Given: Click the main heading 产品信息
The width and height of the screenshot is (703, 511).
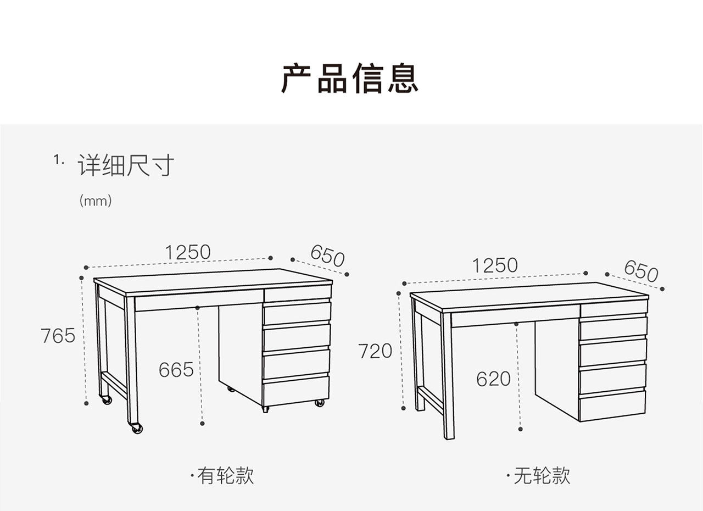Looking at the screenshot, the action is click(x=349, y=78).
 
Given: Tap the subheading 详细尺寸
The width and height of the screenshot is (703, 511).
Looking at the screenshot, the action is click(x=126, y=165).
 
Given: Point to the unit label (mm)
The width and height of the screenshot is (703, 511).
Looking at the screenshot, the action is click(x=96, y=201).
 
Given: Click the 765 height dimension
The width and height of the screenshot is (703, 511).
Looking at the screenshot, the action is click(x=58, y=336).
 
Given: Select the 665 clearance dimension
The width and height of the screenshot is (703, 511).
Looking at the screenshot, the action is click(x=176, y=370).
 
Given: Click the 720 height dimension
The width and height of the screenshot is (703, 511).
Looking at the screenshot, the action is click(x=375, y=351).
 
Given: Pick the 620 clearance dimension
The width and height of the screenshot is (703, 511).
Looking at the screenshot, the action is click(x=493, y=379).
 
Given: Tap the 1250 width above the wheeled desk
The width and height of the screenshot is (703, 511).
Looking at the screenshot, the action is click(x=188, y=252).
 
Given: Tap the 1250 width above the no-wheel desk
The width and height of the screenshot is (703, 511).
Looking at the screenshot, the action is click(x=495, y=265).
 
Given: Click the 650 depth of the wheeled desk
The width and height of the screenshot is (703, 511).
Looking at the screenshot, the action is click(x=327, y=256).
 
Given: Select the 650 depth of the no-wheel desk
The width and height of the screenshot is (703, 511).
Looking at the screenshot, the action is click(x=641, y=271).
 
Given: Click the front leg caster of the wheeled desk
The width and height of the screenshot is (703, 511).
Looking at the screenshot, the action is click(x=137, y=428).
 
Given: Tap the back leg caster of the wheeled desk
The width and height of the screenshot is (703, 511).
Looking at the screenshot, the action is click(x=107, y=399).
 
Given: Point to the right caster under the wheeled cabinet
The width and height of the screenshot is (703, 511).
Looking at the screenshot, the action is click(x=319, y=403).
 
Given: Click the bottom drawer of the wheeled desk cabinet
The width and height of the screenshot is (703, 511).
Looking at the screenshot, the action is click(x=296, y=391).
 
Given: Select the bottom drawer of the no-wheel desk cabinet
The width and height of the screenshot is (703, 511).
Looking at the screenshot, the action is click(x=612, y=406).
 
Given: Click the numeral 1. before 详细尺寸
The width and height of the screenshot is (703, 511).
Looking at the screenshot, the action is click(x=58, y=160).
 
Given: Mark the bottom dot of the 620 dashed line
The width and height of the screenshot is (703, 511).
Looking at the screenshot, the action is click(x=520, y=429).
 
